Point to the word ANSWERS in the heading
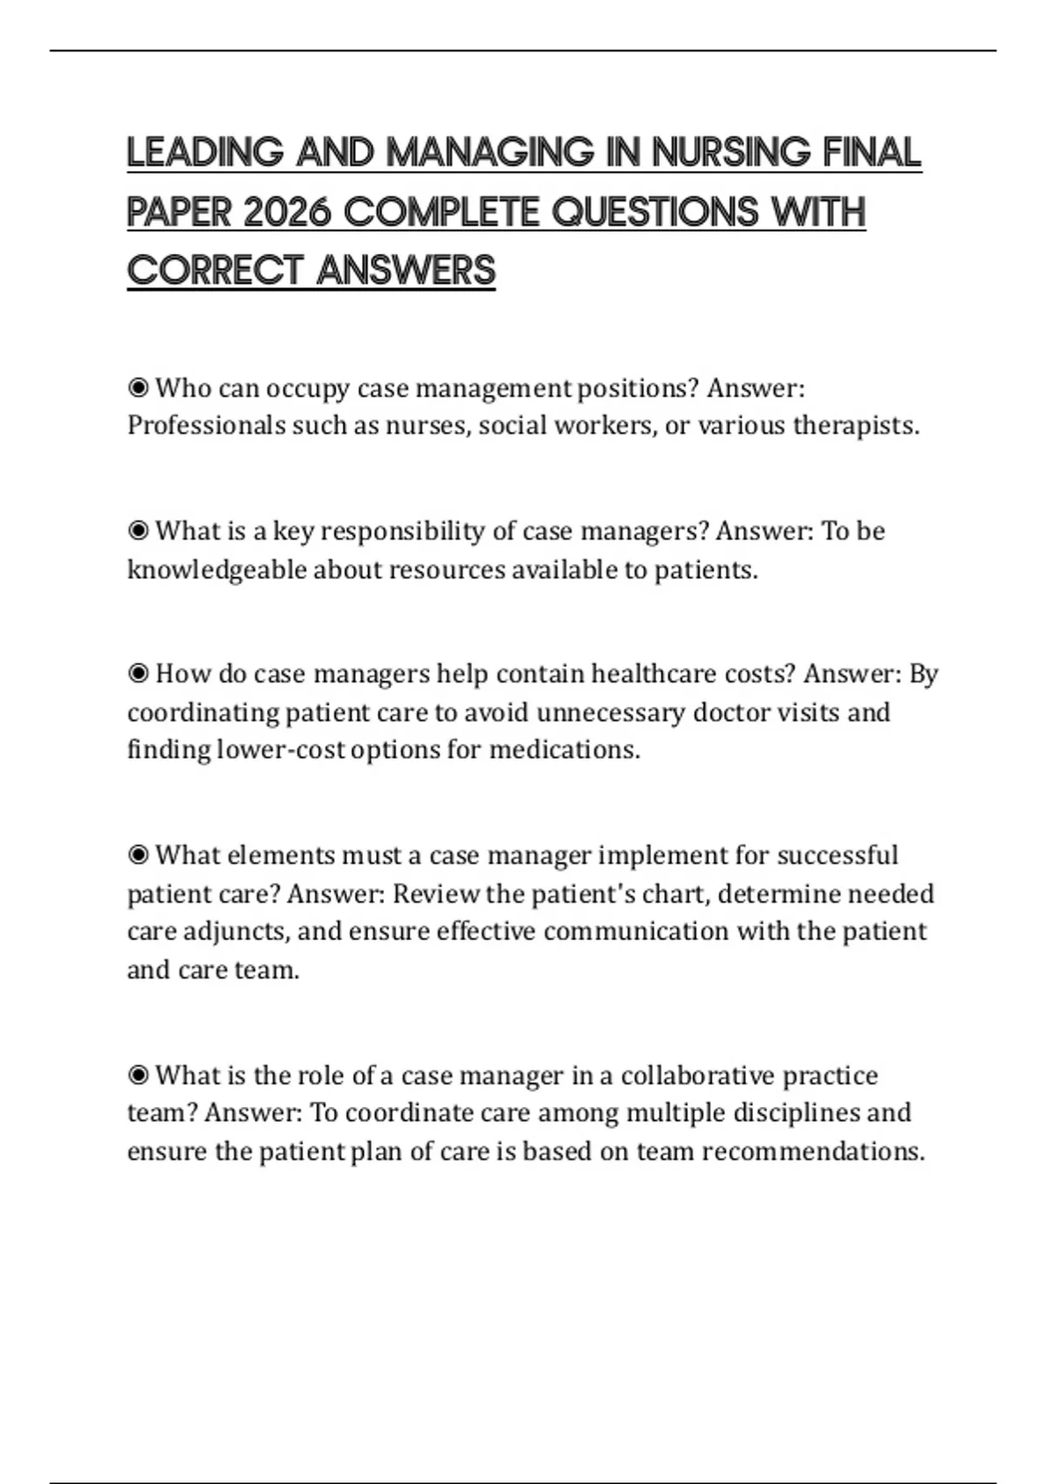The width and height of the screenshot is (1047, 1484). coord(406,271)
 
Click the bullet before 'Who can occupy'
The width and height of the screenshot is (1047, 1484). coord(138,387)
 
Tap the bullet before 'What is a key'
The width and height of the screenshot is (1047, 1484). coord(138,531)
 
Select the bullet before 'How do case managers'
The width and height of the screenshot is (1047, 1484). coord(138,674)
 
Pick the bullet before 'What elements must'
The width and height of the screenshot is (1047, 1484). coord(138,855)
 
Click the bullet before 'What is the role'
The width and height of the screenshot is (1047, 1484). coord(138,1075)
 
